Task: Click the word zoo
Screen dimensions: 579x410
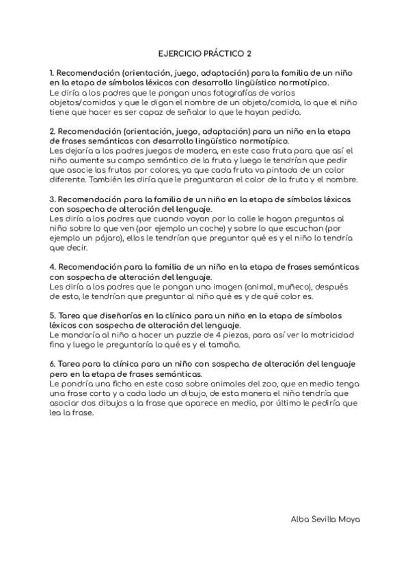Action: click(x=223, y=384)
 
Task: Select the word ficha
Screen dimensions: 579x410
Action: click(x=111, y=384)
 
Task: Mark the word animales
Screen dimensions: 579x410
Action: click(x=191, y=384)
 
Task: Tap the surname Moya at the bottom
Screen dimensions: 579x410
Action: click(x=348, y=519)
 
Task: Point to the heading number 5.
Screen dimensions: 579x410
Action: click(x=52, y=316)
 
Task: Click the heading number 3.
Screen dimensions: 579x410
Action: click(x=52, y=200)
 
